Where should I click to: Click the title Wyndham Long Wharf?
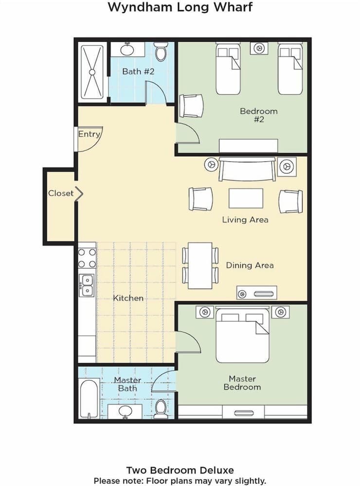(180, 7)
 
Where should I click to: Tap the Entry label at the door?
(89, 134)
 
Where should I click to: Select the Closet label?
(61, 193)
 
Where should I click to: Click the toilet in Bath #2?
(161, 51)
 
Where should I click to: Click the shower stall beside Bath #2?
(92, 71)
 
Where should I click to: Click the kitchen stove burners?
(87, 258)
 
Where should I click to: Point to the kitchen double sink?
(87, 285)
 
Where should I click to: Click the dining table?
(200, 265)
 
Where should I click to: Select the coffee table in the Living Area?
(246, 198)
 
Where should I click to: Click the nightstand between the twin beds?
(259, 48)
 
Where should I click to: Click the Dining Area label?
(250, 265)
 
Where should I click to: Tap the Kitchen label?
(128, 298)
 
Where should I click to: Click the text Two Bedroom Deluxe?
(180, 470)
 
